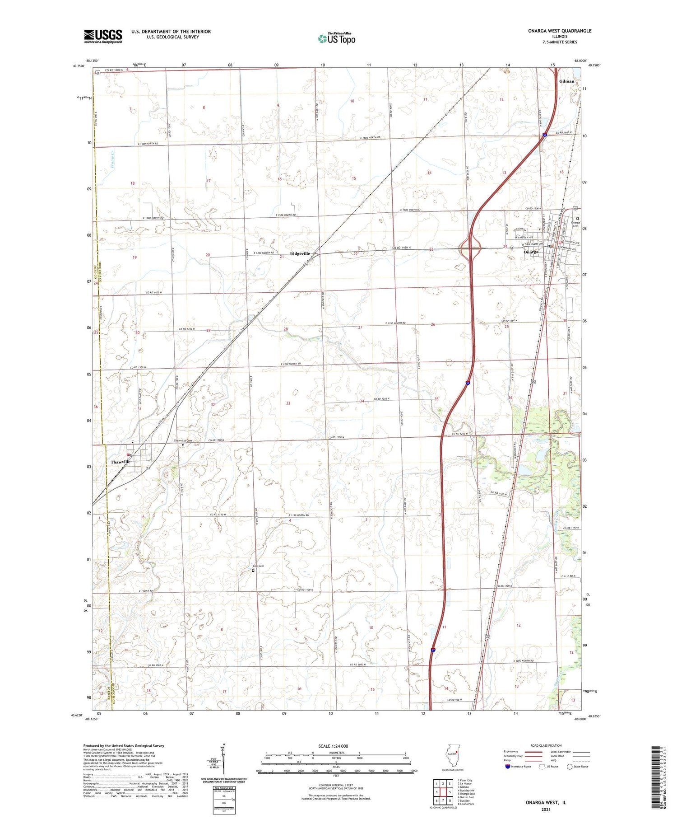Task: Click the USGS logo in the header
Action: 103,36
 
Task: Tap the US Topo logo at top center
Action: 336,38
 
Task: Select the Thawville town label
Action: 121,462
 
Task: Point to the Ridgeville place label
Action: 300,253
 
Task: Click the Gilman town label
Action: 566,81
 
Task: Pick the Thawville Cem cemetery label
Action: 183,440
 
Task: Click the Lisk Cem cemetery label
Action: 258,566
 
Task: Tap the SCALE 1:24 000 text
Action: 333,746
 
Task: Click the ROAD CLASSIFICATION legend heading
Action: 546,745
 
